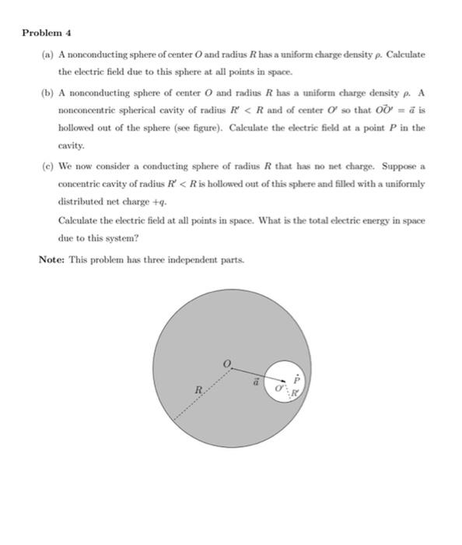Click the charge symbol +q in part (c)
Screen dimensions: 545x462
pyautogui.click(x=148, y=202)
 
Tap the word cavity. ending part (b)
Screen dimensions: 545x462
pyautogui.click(x=71, y=146)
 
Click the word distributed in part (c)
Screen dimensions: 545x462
pyautogui.click(x=79, y=202)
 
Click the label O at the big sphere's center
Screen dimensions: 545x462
pyautogui.click(x=227, y=362)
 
